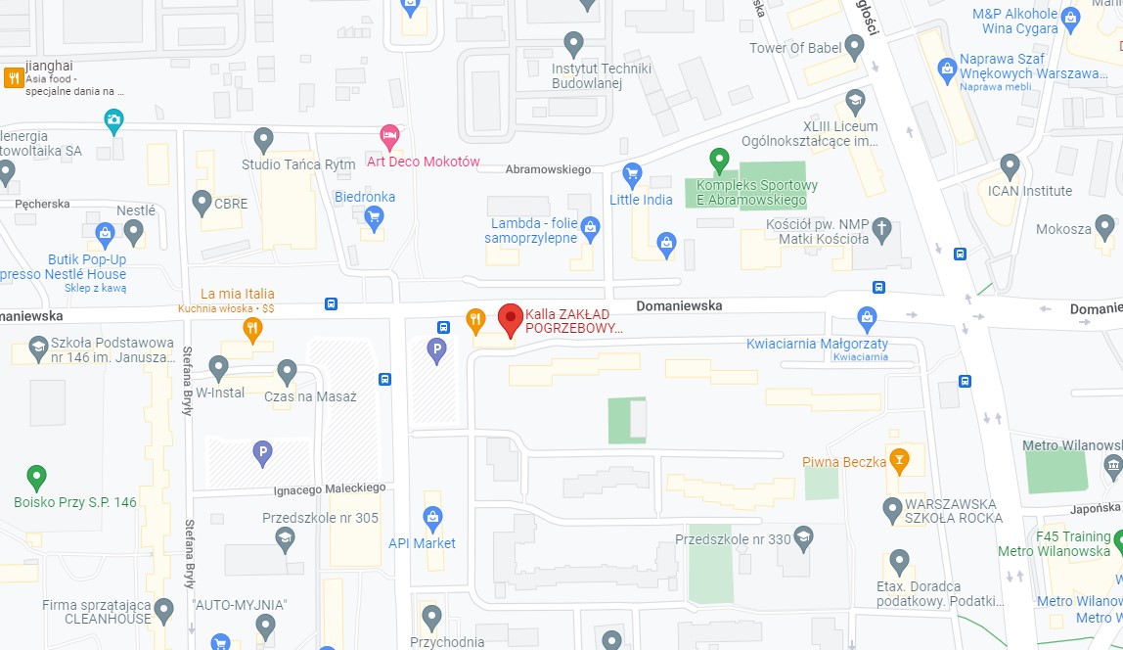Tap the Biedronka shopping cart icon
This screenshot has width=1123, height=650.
tap(373, 218)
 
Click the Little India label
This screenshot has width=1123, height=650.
tap(641, 200)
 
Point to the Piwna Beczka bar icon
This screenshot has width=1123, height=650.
tap(899, 459)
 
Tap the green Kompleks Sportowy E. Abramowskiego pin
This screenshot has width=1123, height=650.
tap(719, 159)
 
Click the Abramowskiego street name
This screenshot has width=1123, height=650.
tap(548, 169)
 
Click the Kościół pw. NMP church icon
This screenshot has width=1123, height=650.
tap(881, 230)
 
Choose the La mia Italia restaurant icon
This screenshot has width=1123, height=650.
tap(252, 329)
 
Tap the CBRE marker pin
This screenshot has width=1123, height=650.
tap(202, 203)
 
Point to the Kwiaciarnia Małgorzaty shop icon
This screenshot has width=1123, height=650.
tap(866, 318)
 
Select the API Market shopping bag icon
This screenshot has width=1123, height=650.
tap(432, 518)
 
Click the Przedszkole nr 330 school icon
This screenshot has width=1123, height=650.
tap(803, 537)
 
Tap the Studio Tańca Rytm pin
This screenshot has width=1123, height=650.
tap(263, 139)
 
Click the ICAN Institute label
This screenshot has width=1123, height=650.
tap(1029, 191)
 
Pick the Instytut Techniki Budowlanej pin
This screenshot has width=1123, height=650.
tap(574, 44)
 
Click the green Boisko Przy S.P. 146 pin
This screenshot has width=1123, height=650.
tap(36, 478)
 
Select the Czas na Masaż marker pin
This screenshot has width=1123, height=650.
tap(287, 372)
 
